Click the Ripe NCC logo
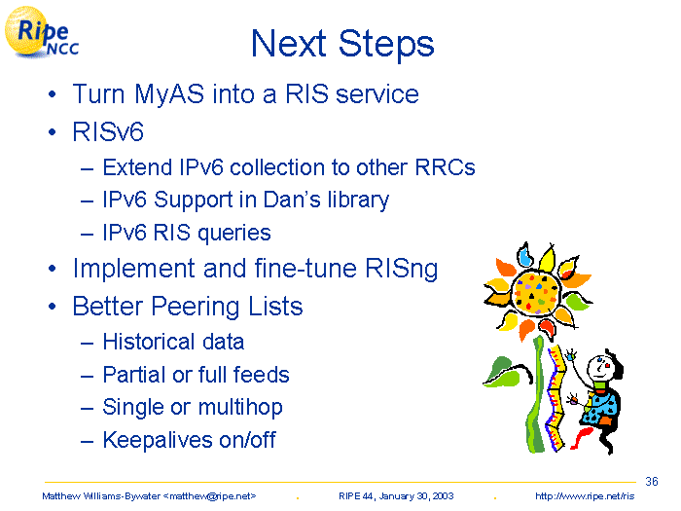coord(41,32)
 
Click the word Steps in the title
coord(386,45)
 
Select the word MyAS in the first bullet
coord(169,94)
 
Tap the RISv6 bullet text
coord(108,131)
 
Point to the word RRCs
coord(446,167)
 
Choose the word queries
coord(234,234)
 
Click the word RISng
coord(401,269)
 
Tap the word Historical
coord(149,342)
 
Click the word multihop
coord(240,408)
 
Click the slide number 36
coord(652,482)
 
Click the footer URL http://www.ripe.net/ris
coord(585,496)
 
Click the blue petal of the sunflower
coord(525,255)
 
